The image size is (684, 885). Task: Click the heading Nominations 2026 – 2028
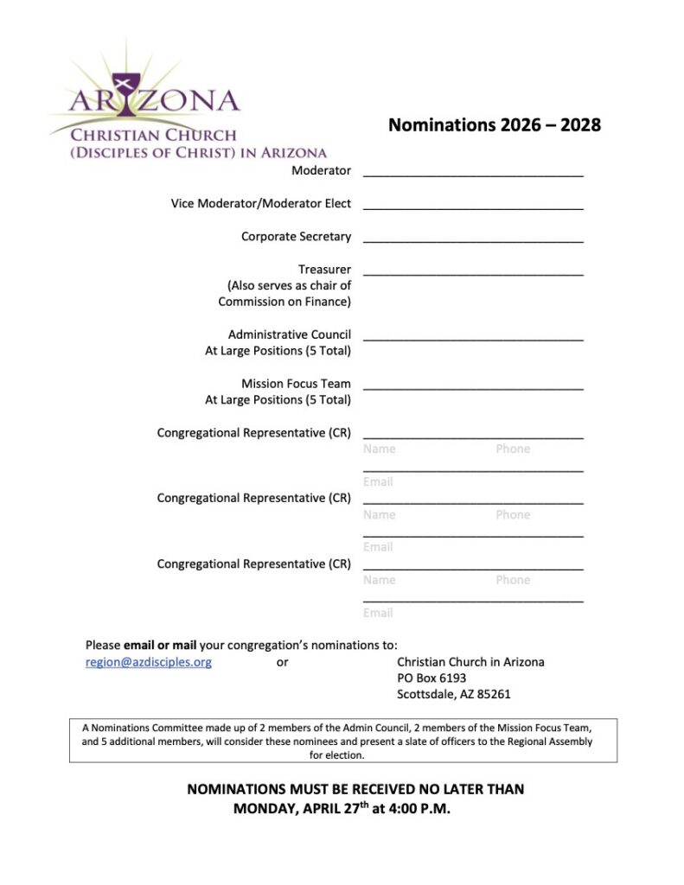(494, 125)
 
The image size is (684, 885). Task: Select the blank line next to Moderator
(473, 173)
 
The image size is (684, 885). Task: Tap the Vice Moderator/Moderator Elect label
(260, 204)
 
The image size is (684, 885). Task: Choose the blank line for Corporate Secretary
(473, 239)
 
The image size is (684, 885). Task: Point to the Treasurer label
(324, 270)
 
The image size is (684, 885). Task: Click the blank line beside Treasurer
(473, 271)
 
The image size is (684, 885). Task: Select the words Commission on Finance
(284, 302)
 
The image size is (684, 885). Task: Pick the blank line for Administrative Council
(473, 337)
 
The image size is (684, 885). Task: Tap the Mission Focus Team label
(296, 384)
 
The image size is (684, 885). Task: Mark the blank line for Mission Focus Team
(473, 386)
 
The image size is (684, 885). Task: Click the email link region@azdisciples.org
(148, 662)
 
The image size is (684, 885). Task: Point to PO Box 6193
(431, 678)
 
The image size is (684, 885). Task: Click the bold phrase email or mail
(160, 645)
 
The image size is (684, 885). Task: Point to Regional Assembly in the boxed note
(551, 742)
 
